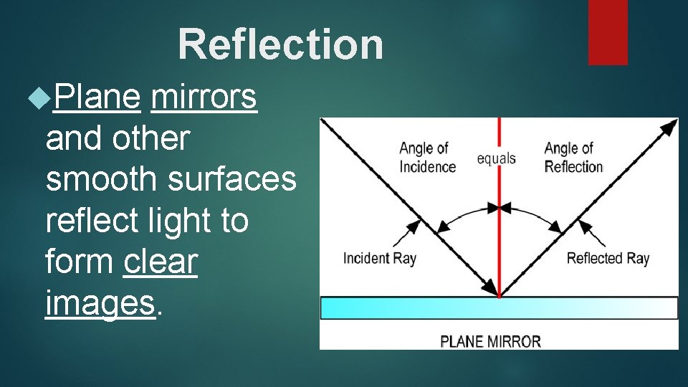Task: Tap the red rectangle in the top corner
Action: tap(608, 32)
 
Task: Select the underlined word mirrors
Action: tap(204, 97)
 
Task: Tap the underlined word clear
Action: tap(160, 262)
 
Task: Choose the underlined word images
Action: tap(100, 302)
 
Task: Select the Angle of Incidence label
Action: tap(427, 158)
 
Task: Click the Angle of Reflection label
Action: tap(573, 158)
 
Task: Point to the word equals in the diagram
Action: tap(496, 158)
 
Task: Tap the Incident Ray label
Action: tap(379, 258)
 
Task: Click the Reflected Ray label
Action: tap(608, 258)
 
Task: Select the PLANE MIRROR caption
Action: tap(490, 341)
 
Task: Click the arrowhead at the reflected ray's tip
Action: tap(672, 126)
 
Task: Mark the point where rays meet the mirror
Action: tap(499, 295)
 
